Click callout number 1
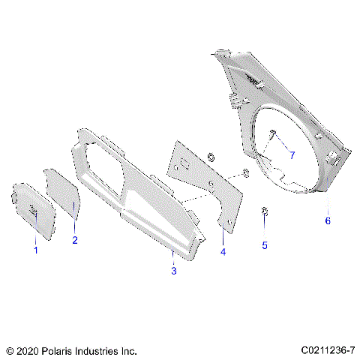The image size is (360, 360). pyautogui.click(x=34, y=250)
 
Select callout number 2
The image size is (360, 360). pyautogui.click(x=74, y=241)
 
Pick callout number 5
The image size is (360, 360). pyautogui.click(x=264, y=244)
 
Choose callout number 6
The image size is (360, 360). pyautogui.click(x=327, y=221)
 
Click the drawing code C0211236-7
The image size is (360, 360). pyautogui.click(x=326, y=350)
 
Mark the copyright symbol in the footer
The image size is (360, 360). pyautogui.click(x=9, y=350)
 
